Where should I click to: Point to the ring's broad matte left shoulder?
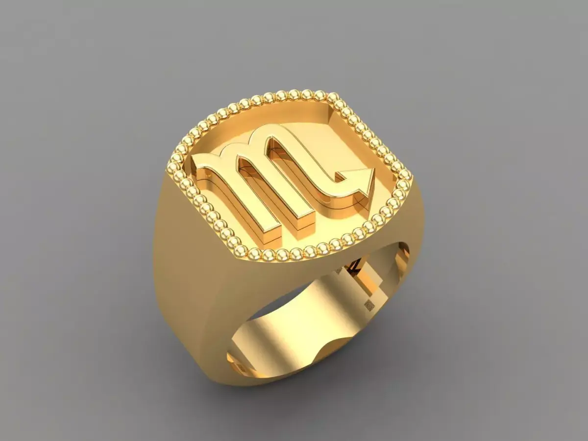tap(181, 274)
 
